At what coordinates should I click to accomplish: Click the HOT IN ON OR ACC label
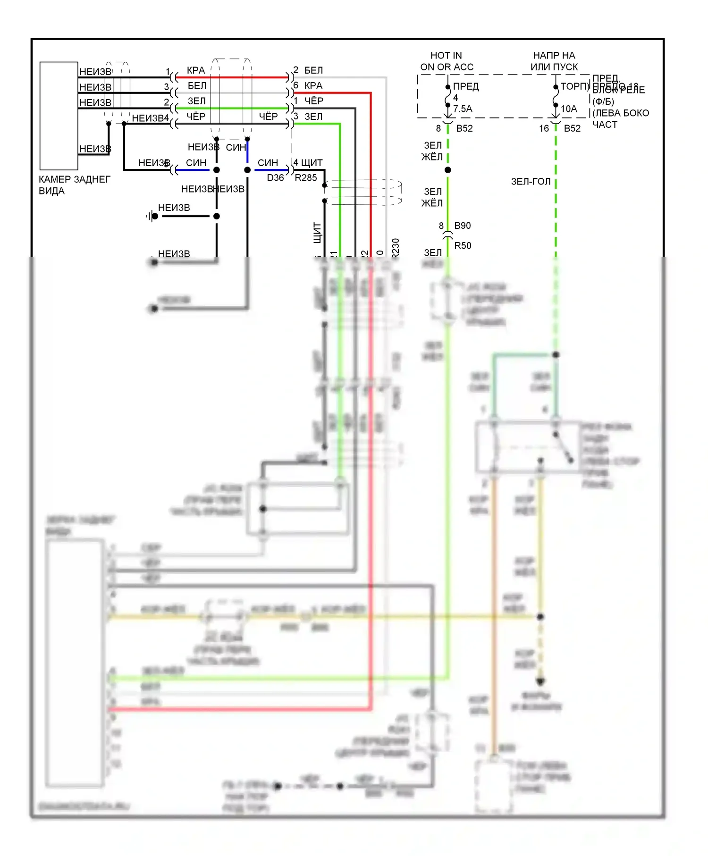click(447, 61)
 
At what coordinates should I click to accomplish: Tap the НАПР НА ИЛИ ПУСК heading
click(554, 61)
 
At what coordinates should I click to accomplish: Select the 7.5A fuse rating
click(463, 109)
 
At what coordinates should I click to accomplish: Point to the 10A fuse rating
click(569, 109)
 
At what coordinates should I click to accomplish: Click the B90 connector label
click(463, 226)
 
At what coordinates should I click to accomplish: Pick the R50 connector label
click(463, 245)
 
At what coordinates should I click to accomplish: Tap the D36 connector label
click(275, 178)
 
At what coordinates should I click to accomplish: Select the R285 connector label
click(306, 178)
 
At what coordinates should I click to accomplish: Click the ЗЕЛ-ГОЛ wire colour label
click(531, 182)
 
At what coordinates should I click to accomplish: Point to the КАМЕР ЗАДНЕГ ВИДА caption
click(74, 185)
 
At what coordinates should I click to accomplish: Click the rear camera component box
click(59, 116)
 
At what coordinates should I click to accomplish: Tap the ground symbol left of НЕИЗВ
click(152, 217)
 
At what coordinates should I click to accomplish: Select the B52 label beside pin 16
click(572, 128)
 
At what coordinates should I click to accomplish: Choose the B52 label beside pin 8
click(464, 128)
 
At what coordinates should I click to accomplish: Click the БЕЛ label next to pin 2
click(313, 70)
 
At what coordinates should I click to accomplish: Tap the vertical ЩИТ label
click(317, 233)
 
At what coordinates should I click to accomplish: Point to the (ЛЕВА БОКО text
click(621, 113)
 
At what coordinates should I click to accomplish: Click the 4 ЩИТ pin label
click(308, 163)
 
